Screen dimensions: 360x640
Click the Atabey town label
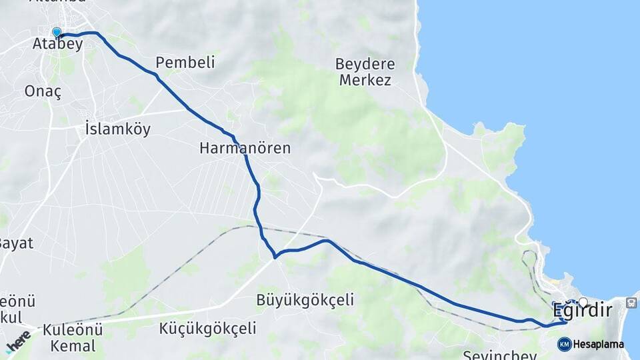click(x=57, y=45)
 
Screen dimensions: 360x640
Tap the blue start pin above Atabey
click(x=57, y=32)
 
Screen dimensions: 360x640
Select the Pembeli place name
click(x=185, y=63)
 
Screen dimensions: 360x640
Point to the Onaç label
click(x=42, y=92)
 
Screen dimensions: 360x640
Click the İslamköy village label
click(x=118, y=129)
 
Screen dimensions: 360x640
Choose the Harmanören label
click(x=245, y=148)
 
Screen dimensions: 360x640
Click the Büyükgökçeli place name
click(x=305, y=301)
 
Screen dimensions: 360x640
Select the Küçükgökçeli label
click(x=208, y=328)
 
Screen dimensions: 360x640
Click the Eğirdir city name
click(x=582, y=311)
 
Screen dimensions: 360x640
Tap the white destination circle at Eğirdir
click(x=583, y=302)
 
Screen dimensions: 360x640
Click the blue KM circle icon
click(x=564, y=344)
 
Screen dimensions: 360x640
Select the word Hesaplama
click(x=599, y=345)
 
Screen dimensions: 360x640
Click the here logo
click(x=18, y=341)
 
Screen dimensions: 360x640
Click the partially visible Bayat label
click(x=16, y=243)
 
